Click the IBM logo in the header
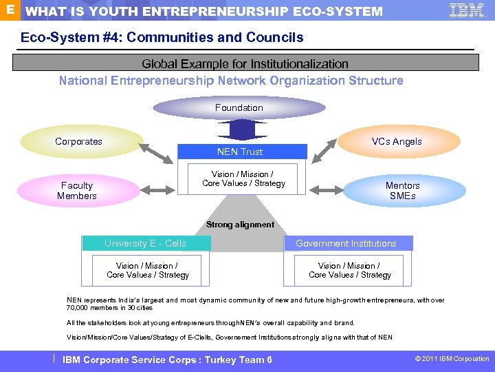click(467, 10)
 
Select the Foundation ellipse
click(239, 107)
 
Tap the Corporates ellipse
click(79, 142)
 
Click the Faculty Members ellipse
click(77, 191)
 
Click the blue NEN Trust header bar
click(241, 152)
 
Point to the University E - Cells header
click(145, 243)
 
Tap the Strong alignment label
click(240, 225)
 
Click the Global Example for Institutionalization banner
click(245, 63)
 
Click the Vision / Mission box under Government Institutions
click(350, 270)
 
